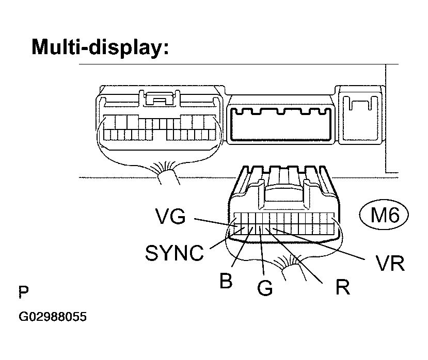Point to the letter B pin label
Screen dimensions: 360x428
225,282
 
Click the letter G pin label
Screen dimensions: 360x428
264,288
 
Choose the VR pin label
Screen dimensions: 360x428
387,263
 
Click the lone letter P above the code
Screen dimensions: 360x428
23,292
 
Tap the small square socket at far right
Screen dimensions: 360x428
360,117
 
